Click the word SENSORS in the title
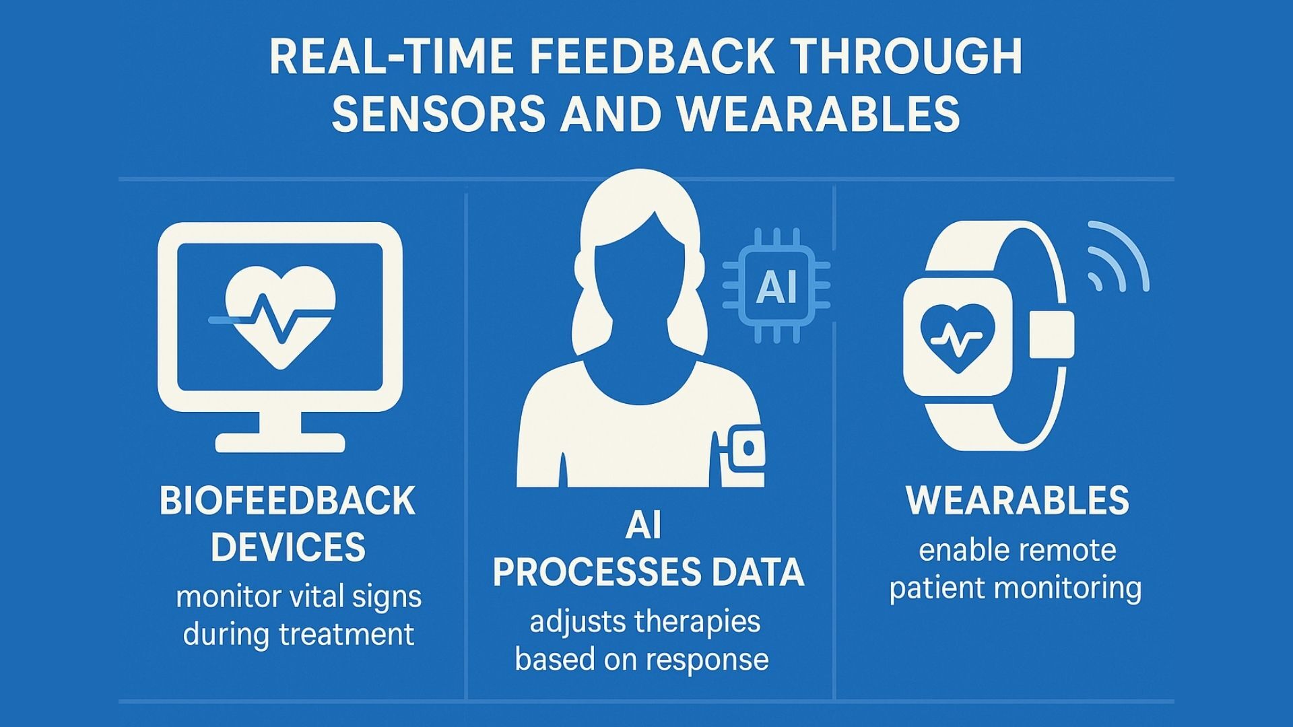click(x=438, y=113)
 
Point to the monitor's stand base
click(x=280, y=442)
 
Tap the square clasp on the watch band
click(x=1052, y=335)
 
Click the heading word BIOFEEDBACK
click(x=288, y=501)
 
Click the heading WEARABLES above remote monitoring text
click(x=1018, y=500)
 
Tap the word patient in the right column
click(x=936, y=588)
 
